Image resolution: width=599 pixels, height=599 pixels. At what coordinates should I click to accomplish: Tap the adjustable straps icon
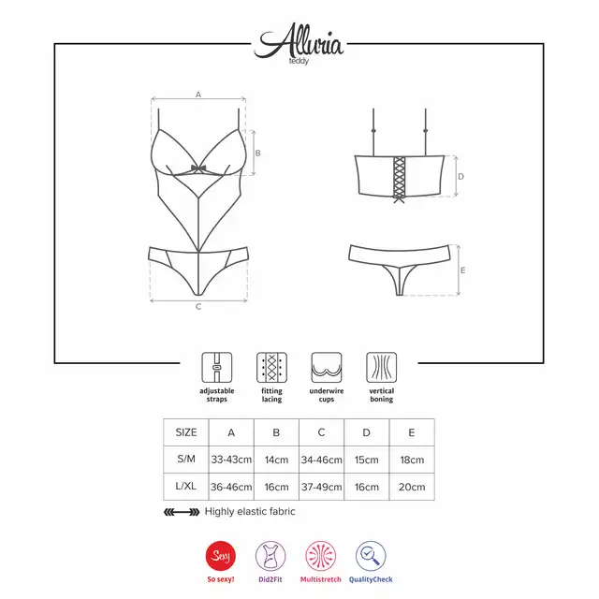(x=216, y=367)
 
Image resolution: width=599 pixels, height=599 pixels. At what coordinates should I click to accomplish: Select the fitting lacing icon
(x=271, y=367)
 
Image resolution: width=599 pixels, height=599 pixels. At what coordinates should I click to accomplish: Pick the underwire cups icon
(x=327, y=367)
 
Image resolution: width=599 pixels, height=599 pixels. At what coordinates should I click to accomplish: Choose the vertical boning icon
(x=381, y=367)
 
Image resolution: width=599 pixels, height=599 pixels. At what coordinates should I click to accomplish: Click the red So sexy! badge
(x=221, y=556)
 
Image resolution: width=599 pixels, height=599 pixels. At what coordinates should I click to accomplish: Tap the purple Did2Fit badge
(x=270, y=556)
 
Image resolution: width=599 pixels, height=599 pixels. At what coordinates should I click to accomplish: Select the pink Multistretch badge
(x=320, y=556)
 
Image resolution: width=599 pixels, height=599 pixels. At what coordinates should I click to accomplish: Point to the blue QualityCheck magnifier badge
(x=371, y=556)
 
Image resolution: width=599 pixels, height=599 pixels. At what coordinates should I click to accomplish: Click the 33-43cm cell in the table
(x=231, y=460)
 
